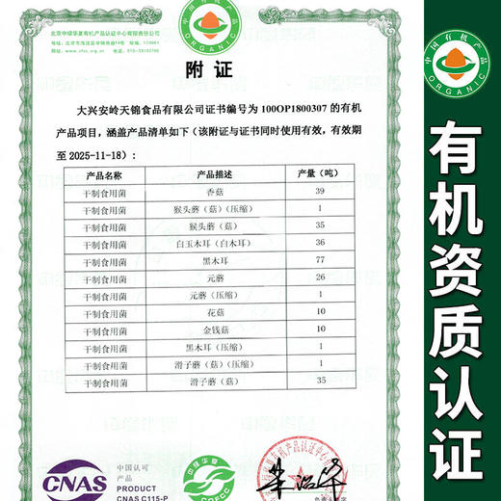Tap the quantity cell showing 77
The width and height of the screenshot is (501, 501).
coord(321,260)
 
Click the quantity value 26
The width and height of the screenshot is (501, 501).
coord(321,277)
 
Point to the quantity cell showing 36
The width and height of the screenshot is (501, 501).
coord(321,244)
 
